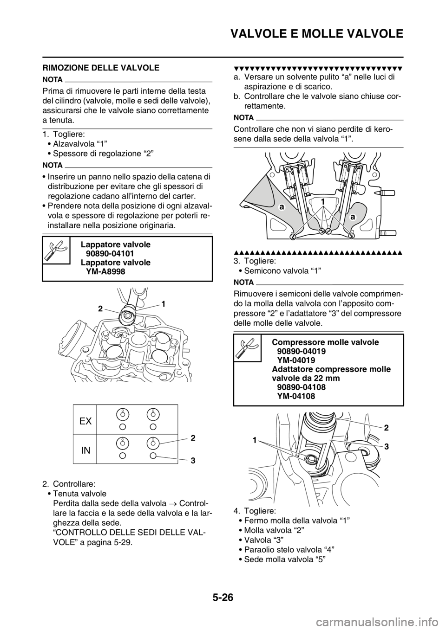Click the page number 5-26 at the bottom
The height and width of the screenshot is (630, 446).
(x=223, y=604)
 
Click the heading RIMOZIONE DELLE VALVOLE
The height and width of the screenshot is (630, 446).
(x=101, y=68)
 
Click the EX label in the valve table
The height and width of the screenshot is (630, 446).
(x=85, y=421)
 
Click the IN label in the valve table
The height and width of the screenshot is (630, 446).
(x=85, y=450)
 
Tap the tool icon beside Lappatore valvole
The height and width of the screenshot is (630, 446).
(x=56, y=250)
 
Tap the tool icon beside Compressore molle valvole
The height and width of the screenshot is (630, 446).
(x=247, y=347)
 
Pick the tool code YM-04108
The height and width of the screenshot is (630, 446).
(x=296, y=396)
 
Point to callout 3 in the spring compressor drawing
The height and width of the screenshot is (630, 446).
(x=386, y=447)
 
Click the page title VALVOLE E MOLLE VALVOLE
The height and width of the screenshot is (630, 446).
(x=317, y=34)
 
